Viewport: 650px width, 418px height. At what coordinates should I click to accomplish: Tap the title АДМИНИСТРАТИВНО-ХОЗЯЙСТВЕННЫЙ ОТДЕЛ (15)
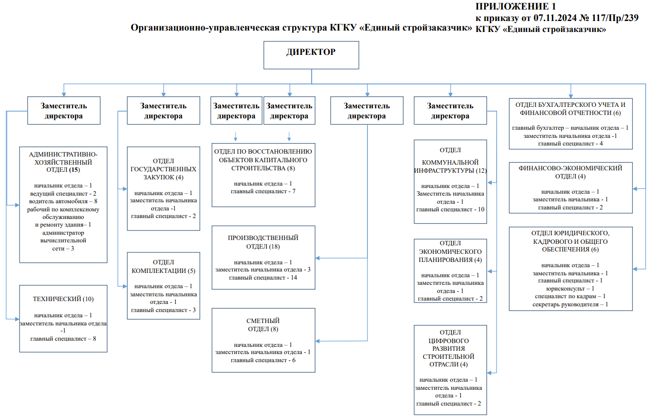click(x=63, y=162)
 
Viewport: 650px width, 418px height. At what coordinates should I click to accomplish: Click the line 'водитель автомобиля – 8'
click(x=63, y=201)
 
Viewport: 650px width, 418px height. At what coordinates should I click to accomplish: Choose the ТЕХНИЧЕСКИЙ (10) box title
click(x=63, y=299)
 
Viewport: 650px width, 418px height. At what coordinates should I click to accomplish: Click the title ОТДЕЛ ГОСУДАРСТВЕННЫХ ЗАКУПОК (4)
click(x=163, y=169)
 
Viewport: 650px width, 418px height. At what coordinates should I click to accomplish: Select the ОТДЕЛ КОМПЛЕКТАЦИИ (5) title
click(x=163, y=266)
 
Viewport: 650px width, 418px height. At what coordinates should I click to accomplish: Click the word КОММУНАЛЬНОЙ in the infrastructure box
click(x=450, y=162)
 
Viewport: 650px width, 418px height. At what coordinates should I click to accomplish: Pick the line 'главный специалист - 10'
click(x=450, y=209)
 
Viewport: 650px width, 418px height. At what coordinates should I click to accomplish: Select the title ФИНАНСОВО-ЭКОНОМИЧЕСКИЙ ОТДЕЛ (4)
click(x=571, y=172)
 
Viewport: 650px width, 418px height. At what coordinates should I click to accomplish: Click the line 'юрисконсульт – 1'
click(x=571, y=289)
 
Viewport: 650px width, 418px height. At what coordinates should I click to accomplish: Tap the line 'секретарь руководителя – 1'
click(x=571, y=304)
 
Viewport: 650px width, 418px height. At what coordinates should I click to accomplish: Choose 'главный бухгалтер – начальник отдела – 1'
click(x=571, y=128)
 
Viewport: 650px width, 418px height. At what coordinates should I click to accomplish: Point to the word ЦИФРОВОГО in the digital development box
click(x=450, y=341)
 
